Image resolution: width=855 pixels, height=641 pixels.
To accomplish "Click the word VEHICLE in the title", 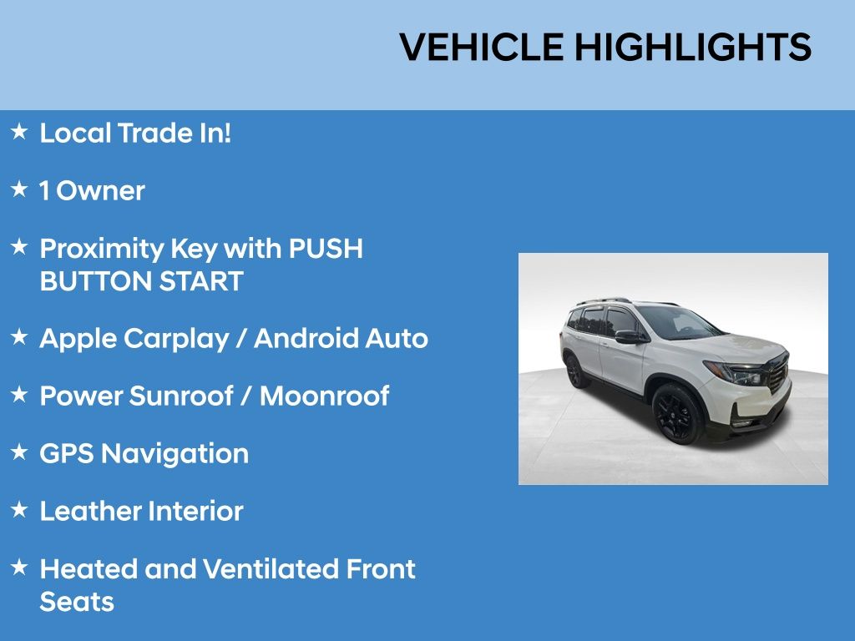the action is (x=482, y=47).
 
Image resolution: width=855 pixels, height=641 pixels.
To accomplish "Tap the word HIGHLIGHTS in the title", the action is (x=693, y=47).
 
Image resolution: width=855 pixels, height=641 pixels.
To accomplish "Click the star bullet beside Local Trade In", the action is (x=19, y=131).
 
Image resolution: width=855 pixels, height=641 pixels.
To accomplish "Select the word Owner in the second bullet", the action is (x=100, y=191).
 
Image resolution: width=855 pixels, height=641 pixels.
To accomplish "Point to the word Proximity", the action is (x=101, y=249).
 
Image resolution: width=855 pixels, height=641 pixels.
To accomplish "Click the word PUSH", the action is (x=326, y=248).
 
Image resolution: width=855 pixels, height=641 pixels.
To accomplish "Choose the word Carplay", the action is (x=176, y=339).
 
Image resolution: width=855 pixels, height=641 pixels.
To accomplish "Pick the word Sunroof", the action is (x=181, y=396).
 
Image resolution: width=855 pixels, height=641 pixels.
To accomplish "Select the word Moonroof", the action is (x=325, y=396).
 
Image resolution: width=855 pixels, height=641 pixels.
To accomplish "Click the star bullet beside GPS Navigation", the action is (x=19, y=452).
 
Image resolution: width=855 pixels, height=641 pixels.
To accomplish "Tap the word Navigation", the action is (x=175, y=454).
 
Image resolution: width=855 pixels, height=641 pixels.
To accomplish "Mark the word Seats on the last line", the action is (x=77, y=602).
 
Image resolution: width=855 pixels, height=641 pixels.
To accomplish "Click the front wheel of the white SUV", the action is (x=676, y=414).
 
